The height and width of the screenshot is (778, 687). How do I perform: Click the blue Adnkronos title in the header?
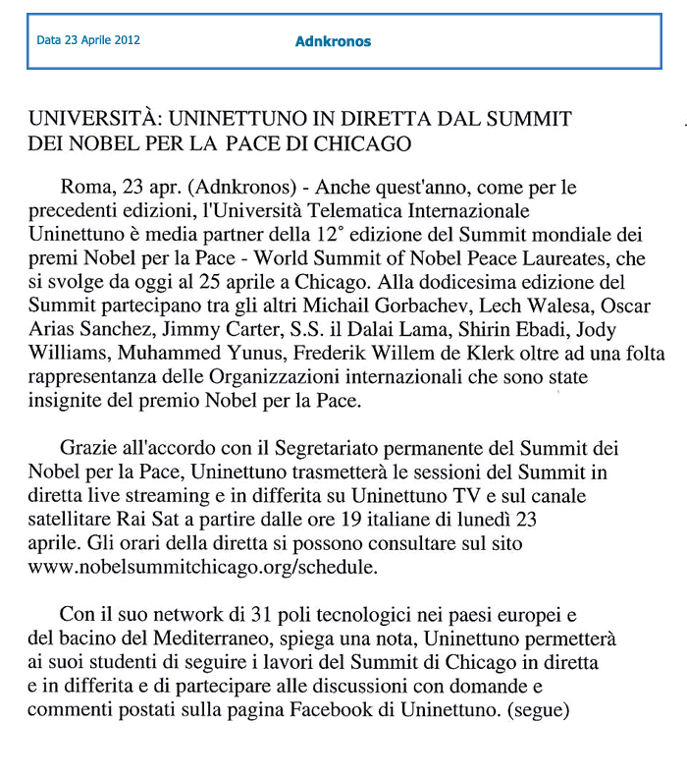pyautogui.click(x=333, y=41)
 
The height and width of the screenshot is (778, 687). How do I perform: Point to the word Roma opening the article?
pyautogui.click(x=82, y=187)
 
